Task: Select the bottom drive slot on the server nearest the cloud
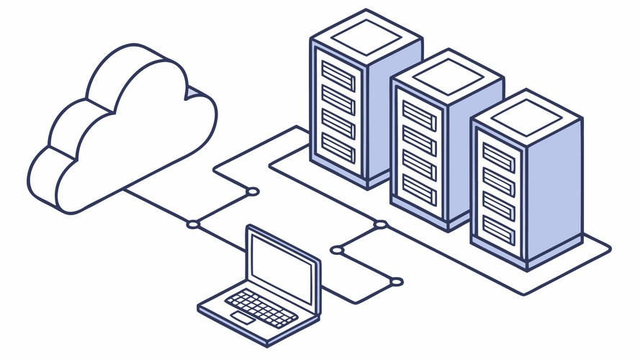pos(338,147)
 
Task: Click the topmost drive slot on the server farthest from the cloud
pos(499,156)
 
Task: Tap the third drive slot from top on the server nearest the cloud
pos(338,122)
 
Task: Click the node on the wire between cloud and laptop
pos(192,225)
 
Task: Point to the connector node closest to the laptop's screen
pos(337,251)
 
